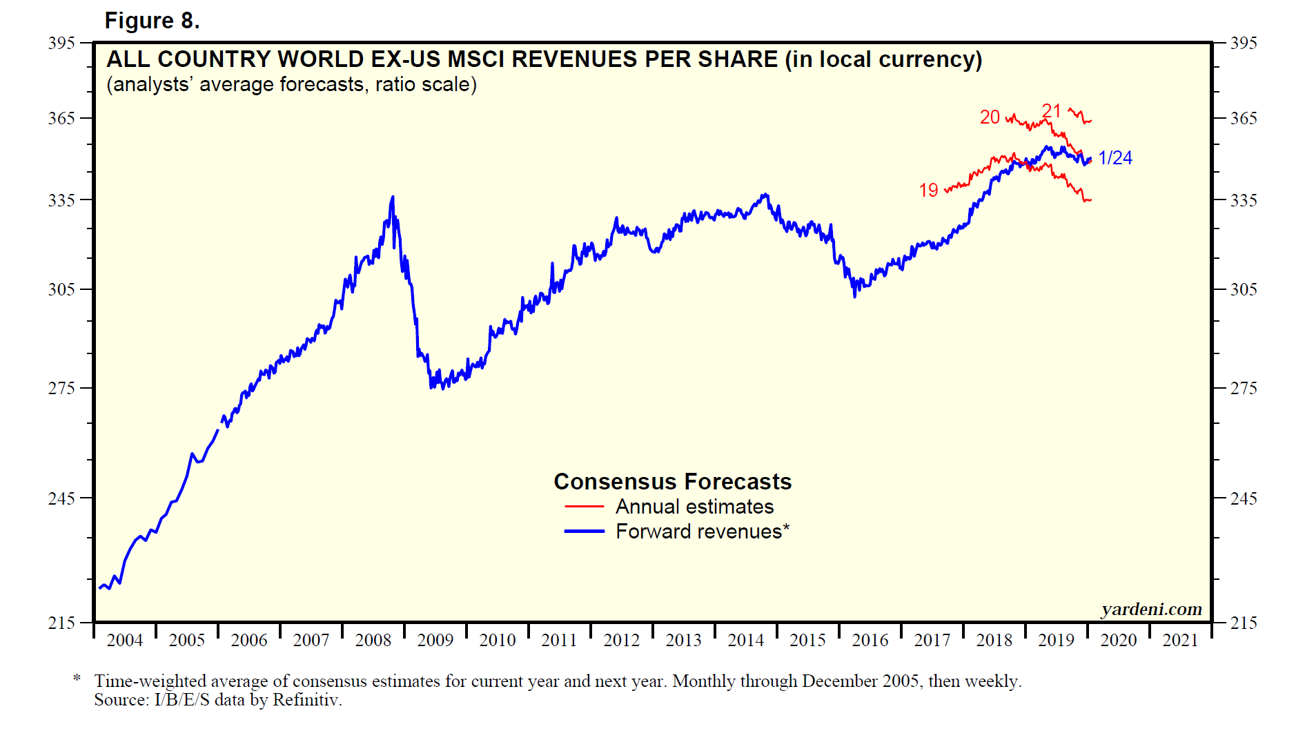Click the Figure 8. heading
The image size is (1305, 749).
(x=152, y=21)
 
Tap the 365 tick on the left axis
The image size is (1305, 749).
(x=61, y=118)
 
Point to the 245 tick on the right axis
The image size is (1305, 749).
(x=1244, y=498)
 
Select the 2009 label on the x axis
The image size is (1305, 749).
(x=435, y=641)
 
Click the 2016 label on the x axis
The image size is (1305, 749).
(x=870, y=641)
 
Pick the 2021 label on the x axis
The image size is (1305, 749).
(x=1180, y=641)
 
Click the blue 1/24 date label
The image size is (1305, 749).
(x=1115, y=158)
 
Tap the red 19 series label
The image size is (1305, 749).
(x=928, y=191)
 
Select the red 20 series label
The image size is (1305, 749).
(x=990, y=117)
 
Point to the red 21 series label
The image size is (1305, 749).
(x=1051, y=111)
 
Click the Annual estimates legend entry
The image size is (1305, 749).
(x=694, y=507)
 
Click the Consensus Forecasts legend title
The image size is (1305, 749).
(x=672, y=481)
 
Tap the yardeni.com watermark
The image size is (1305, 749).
(x=1151, y=610)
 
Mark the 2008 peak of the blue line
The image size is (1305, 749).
(x=393, y=197)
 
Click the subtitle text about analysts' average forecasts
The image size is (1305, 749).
(x=291, y=84)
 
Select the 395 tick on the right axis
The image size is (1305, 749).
(x=1244, y=43)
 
